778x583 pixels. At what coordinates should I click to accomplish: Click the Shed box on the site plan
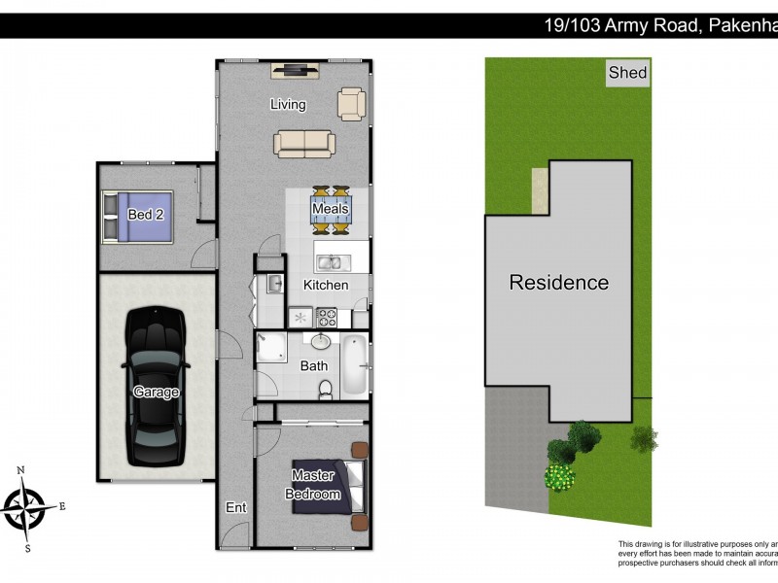click(x=627, y=73)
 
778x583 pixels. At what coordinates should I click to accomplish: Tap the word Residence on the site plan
click(x=559, y=283)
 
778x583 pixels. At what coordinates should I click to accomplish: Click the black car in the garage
click(x=156, y=385)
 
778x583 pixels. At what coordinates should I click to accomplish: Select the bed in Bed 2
click(x=137, y=215)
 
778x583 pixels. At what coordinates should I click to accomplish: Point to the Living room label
click(x=288, y=105)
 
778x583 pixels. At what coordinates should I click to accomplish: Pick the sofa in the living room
click(x=304, y=144)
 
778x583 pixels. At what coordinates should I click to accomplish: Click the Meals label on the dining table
click(x=330, y=209)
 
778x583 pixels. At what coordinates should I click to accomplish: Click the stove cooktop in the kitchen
click(x=326, y=316)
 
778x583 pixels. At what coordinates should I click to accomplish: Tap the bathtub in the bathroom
click(x=355, y=365)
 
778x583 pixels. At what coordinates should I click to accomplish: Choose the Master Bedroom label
click(x=313, y=485)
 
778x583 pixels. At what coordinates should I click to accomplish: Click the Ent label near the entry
click(x=235, y=507)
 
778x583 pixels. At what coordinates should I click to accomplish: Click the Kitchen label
click(x=326, y=286)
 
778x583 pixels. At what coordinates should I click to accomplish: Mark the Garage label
click(x=156, y=393)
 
